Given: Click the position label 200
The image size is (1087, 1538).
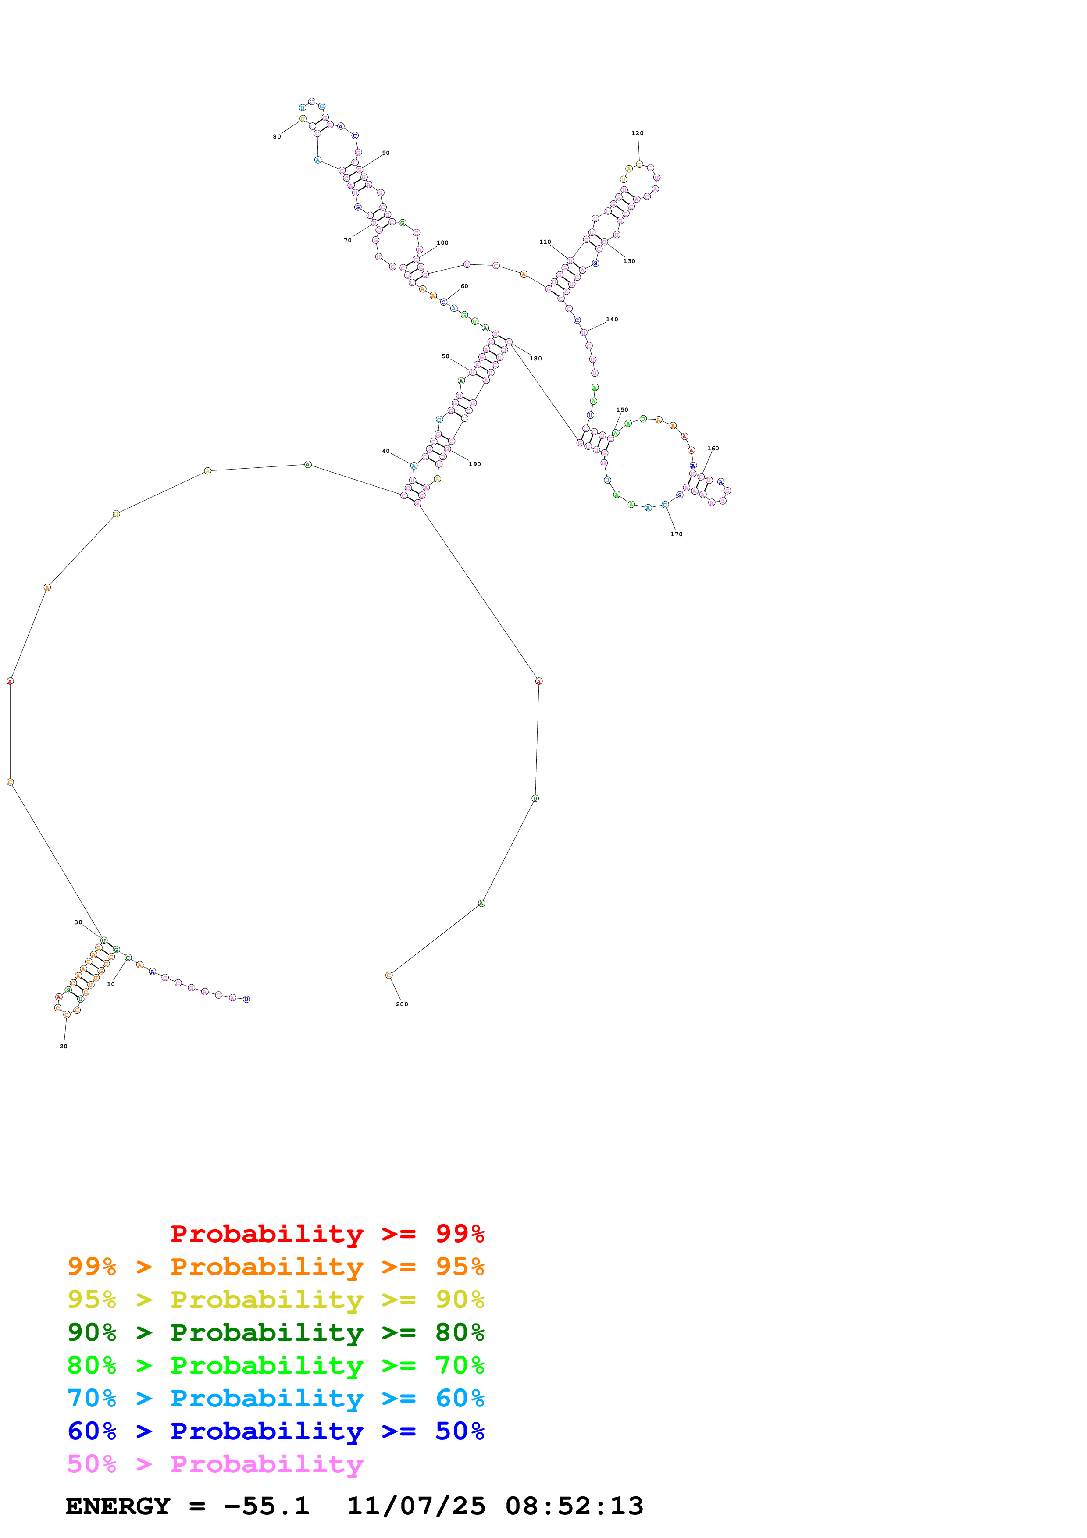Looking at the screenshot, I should coord(402,1004).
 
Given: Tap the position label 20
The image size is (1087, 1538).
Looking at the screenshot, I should coord(64,1047).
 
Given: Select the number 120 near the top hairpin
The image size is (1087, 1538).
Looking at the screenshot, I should coord(638,133).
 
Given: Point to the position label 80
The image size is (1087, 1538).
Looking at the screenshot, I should coord(277,137).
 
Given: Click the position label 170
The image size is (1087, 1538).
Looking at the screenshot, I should coord(677,534).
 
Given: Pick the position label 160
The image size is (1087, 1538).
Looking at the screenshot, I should coord(713,448).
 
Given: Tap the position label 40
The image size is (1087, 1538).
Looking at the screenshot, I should coord(386,451).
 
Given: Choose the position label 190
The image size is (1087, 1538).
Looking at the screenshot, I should coord(475,464).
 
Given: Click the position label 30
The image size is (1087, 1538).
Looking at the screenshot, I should coord(78,922).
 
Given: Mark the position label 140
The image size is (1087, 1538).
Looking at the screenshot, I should coord(612,320).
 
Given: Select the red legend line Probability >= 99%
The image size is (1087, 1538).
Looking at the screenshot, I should coord(328,1234).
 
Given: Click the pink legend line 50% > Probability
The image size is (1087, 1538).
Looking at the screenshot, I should coord(215,1464).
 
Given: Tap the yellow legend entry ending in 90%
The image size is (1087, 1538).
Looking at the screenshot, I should coord(276,1299).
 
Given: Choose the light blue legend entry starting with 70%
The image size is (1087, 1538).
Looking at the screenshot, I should coord(276,1399).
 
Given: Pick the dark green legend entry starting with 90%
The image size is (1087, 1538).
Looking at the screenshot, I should coord(276,1332).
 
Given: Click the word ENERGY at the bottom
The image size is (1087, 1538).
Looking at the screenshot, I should coord(118,1506).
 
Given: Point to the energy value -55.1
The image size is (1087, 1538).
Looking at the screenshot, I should coord(267,1506).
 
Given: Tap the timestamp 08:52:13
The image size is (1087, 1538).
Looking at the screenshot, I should coord(575,1506).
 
